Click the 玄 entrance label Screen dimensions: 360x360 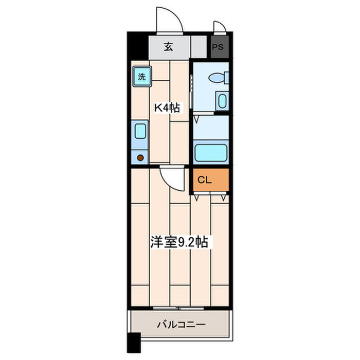click(168, 47)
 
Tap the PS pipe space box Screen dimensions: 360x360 click(218, 47)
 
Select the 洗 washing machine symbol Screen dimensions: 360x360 click(141, 77)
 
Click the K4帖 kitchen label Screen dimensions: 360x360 click(167, 108)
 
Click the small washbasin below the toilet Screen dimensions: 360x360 click(222, 101)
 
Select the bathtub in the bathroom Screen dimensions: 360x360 click(211, 152)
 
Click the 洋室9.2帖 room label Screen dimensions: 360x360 click(179, 242)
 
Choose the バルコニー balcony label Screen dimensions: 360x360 click(181, 325)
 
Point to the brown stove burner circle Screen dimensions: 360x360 click(140, 157)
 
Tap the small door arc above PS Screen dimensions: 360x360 click(219, 27)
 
